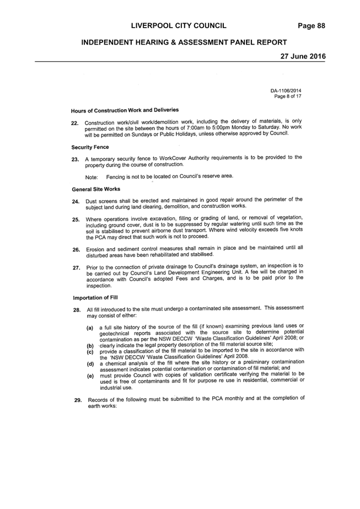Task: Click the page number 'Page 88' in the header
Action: click(311, 26)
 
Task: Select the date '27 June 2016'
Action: click(303, 56)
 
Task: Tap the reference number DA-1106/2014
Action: click(283, 91)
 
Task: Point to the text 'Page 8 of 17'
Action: click(288, 97)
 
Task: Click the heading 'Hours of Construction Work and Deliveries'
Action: click(125, 110)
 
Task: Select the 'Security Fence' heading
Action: click(90, 147)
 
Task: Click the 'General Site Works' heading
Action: click(96, 189)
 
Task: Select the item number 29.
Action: click(78, 400)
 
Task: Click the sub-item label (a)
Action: click(90, 328)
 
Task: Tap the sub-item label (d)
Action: click(90, 364)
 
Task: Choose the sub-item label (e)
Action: click(90, 376)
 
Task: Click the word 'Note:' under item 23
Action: click(92, 177)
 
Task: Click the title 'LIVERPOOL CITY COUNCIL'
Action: click(179, 26)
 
